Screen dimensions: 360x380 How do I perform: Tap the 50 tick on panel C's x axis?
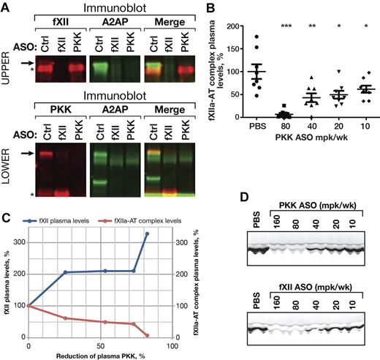tap(99, 345)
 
